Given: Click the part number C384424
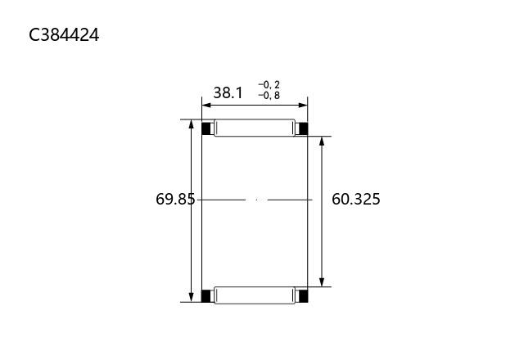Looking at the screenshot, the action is pyautogui.click(x=64, y=34).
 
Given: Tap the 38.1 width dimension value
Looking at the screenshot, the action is pyautogui.click(x=228, y=92).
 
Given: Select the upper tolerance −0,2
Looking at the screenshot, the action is pyautogui.click(x=269, y=85).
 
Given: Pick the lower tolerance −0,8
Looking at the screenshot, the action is pyautogui.click(x=269, y=96).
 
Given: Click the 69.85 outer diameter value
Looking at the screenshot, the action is pyautogui.click(x=175, y=200).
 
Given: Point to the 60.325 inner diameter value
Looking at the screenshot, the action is pyautogui.click(x=356, y=200).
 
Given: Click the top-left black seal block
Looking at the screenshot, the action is pyautogui.click(x=206, y=128).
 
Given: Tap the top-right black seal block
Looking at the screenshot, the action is pyautogui.click(x=303, y=128).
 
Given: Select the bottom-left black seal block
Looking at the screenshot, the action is pyautogui.click(x=206, y=296).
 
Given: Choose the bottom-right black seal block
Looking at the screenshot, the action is pyautogui.click(x=303, y=296).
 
